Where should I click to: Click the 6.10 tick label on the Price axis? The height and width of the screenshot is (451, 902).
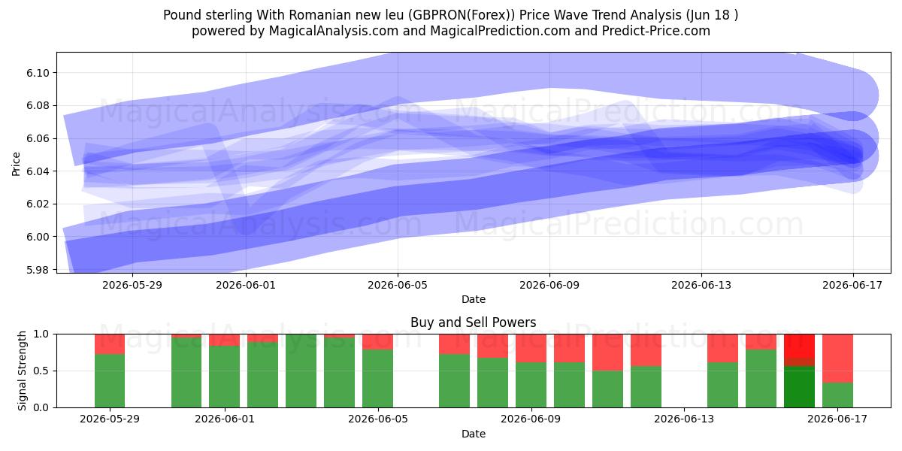coord(38,73)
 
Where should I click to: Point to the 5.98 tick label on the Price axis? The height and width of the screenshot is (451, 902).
coord(38,269)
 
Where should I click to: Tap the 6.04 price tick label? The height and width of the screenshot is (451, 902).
coord(38,171)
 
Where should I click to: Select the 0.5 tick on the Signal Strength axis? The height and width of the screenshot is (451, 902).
coord(41,371)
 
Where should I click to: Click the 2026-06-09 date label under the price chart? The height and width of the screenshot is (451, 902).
coord(549,285)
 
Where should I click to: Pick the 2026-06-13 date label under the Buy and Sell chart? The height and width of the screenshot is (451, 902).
coord(684,419)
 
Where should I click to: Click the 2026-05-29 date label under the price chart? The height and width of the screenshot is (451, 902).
coord(132,285)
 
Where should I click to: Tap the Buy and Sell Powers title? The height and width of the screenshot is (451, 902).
coord(473,322)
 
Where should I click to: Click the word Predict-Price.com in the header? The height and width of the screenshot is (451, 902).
coord(656,31)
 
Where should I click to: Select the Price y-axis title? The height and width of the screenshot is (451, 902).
coord(16,164)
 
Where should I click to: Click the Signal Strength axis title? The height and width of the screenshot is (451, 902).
coord(22,371)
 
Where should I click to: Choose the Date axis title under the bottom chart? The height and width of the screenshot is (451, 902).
coord(473,434)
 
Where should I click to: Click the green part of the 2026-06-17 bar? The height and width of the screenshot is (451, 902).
coord(837,395)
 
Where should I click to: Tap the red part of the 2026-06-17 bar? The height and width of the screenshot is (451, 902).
coord(837,359)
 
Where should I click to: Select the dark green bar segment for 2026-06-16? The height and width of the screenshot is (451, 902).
coord(799,387)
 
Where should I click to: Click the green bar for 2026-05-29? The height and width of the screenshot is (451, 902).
coord(110,381)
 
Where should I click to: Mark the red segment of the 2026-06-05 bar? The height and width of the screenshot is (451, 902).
coord(377,342)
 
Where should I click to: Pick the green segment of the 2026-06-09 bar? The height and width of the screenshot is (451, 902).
coord(531,385)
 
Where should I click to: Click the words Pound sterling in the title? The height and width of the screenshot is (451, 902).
coord(207,15)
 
